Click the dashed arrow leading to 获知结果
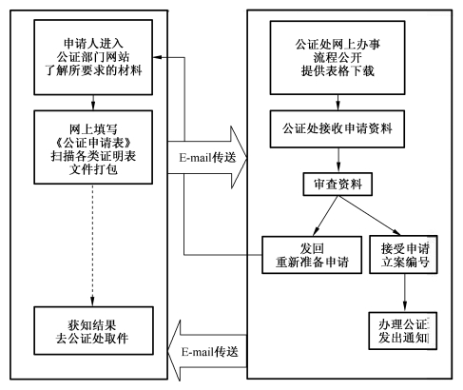(92, 245)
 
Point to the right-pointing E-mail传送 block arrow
(207, 157)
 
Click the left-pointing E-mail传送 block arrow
(207, 351)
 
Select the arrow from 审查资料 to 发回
(325, 216)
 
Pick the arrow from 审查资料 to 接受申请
(369, 216)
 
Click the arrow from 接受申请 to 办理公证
(404, 293)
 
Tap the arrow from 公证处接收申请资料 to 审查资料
(338, 160)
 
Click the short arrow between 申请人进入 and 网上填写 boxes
(93, 103)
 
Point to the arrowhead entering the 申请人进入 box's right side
(158, 57)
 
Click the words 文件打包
(93, 169)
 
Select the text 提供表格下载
(338, 71)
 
